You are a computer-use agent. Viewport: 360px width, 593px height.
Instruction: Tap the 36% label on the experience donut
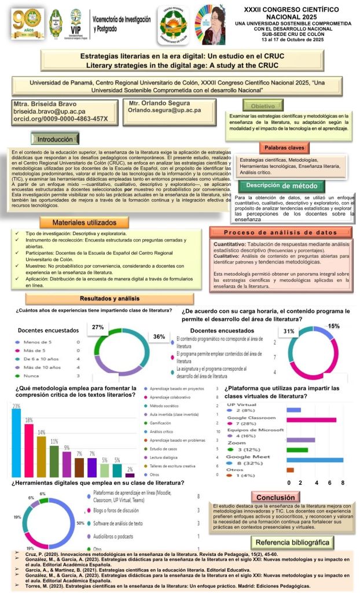159,336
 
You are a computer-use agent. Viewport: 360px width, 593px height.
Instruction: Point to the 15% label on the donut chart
334,327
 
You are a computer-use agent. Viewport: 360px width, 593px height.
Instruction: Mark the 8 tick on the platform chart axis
343,482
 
